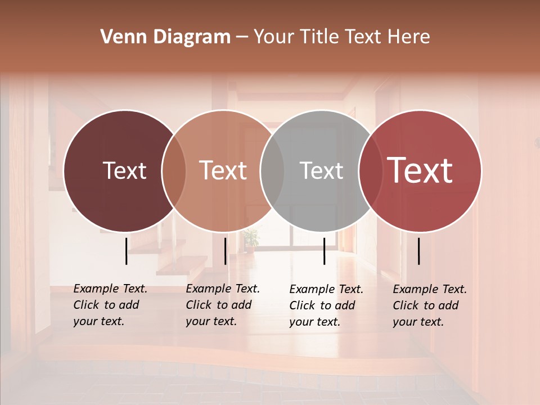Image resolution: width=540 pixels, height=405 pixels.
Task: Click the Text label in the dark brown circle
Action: pyautogui.click(x=124, y=170)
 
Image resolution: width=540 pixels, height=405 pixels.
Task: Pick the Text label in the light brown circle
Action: pyautogui.click(x=223, y=170)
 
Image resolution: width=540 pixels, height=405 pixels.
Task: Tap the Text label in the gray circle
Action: pyautogui.click(x=321, y=170)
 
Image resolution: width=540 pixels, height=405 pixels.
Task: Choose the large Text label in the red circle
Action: pyautogui.click(x=420, y=170)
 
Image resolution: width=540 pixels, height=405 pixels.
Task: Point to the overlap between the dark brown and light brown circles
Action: pyautogui.click(x=174, y=170)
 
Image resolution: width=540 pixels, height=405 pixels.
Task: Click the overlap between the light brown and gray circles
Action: pyautogui.click(x=272, y=170)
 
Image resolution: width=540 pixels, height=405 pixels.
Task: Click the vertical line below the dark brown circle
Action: pyautogui.click(x=127, y=251)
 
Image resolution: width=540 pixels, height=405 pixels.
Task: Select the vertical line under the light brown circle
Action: pyautogui.click(x=225, y=251)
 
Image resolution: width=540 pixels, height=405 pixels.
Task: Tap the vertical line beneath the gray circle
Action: pyautogui.click(x=325, y=251)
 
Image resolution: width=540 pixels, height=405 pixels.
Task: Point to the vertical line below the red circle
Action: pyautogui.click(x=419, y=251)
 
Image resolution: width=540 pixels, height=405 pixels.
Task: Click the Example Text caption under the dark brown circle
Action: pyautogui.click(x=110, y=305)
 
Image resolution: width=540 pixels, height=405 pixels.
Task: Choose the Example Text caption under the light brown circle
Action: pyautogui.click(x=222, y=305)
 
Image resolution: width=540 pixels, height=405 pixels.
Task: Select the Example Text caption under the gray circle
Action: pyautogui.click(x=326, y=305)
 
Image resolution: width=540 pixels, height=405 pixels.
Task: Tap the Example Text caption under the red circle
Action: pyautogui.click(x=429, y=305)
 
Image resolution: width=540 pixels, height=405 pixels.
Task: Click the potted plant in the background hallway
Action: pyautogui.click(x=251, y=238)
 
